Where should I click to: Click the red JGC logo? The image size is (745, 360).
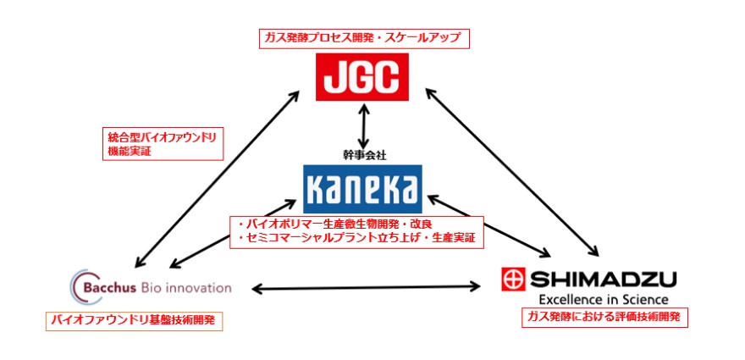[361, 76]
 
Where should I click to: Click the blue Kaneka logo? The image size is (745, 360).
[361, 186]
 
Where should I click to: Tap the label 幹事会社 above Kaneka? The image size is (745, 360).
[361, 154]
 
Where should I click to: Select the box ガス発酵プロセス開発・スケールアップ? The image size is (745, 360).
[364, 38]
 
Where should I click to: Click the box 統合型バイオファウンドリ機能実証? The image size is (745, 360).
[152, 143]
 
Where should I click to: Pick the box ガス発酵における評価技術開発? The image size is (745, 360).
[604, 318]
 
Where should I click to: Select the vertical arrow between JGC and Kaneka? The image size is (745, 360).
[363, 126]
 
